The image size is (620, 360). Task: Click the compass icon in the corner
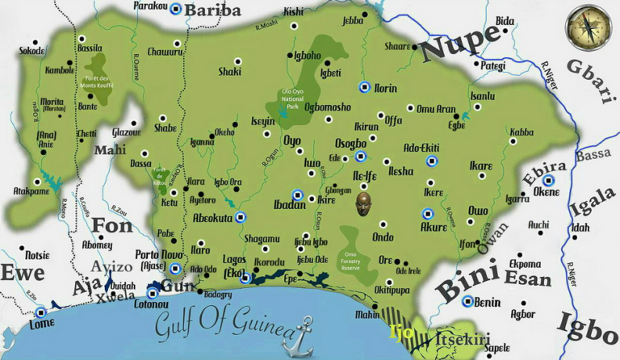pos(588,27)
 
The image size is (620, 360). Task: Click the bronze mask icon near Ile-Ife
pos(365,203)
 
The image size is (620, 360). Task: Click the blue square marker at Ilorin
pos(364,87)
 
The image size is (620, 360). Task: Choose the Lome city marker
pos(41,312)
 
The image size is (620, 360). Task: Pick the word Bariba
pos(213,10)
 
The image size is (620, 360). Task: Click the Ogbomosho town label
pos(327,107)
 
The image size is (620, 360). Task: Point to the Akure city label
pos(434,227)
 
